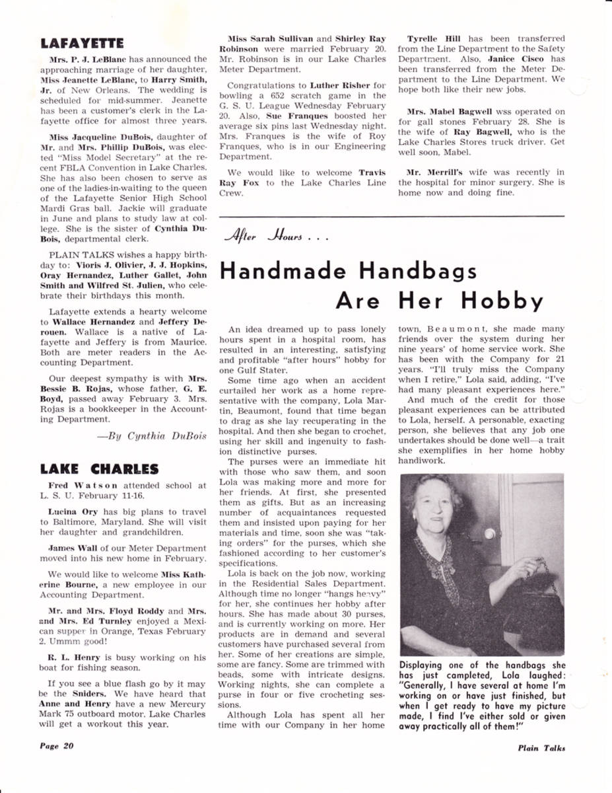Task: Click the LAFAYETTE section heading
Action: (x=81, y=44)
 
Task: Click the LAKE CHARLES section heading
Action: (x=99, y=470)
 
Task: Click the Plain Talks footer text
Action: (x=541, y=748)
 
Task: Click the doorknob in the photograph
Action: (x=489, y=533)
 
